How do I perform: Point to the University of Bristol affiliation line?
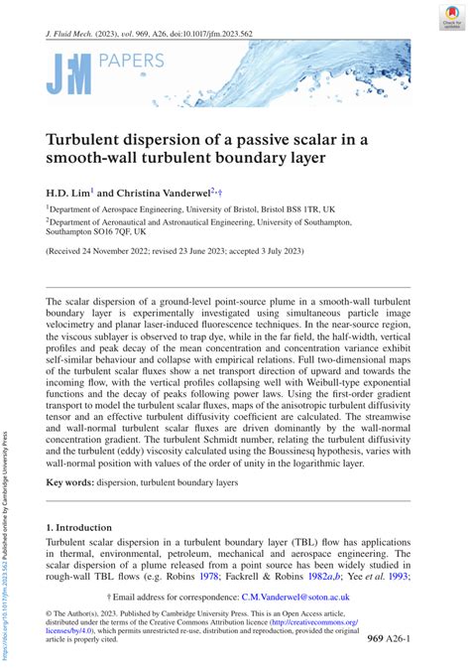tap(192, 211)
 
